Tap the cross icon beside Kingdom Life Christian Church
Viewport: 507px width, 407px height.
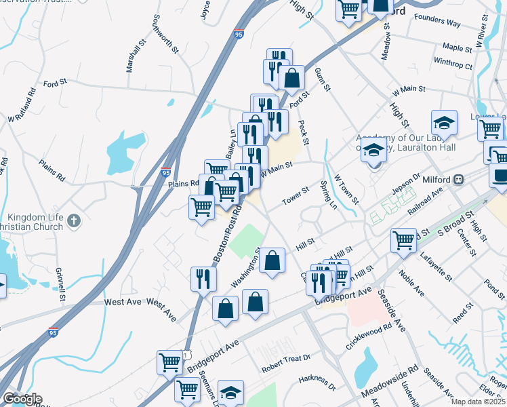click(75, 220)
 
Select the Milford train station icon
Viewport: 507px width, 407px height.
click(458, 179)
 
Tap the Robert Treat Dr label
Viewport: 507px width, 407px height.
click(286, 367)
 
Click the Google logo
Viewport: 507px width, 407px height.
click(22, 399)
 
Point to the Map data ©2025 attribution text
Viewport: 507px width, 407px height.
click(478, 402)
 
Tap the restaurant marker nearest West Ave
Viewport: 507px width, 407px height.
click(203, 278)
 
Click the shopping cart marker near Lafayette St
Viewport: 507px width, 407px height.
click(404, 240)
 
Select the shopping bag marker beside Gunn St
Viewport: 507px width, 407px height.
click(291, 77)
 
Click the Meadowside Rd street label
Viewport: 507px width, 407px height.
click(390, 383)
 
